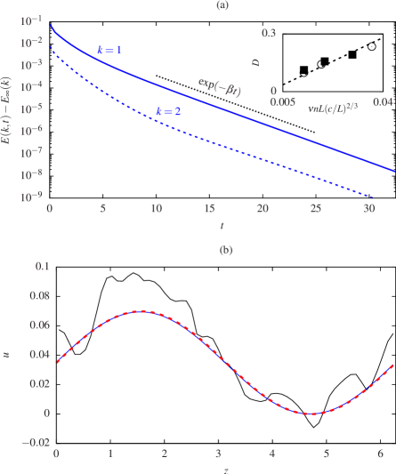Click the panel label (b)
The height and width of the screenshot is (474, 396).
(x=226, y=250)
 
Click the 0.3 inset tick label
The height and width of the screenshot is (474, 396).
(x=268, y=33)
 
